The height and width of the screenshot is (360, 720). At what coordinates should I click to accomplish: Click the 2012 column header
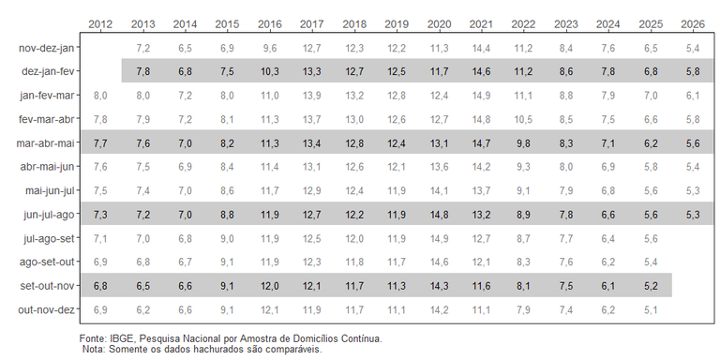[100, 24]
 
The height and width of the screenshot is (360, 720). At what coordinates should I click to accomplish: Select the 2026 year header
[693, 24]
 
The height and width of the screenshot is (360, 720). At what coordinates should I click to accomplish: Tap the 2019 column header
[397, 24]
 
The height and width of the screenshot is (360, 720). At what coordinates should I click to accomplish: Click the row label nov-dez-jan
[46, 48]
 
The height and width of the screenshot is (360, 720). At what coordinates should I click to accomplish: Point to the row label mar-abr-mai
[45, 143]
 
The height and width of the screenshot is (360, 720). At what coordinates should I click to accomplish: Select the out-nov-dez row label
[46, 309]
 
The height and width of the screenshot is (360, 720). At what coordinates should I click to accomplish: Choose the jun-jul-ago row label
[49, 215]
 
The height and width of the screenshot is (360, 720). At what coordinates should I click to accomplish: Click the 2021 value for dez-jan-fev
[481, 71]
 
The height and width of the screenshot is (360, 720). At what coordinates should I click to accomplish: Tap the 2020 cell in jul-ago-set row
[439, 238]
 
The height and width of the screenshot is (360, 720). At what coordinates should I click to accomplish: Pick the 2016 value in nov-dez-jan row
[270, 48]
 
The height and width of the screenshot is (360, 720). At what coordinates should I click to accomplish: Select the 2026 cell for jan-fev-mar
[693, 96]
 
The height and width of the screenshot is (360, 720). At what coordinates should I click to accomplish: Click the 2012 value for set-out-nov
[100, 286]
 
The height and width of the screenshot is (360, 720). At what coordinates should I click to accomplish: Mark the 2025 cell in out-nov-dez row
[651, 309]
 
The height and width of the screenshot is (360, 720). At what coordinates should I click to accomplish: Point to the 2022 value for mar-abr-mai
[523, 143]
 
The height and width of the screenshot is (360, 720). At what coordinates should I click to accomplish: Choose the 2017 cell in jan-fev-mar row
[312, 96]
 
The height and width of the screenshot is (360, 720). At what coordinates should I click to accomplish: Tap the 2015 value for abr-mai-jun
[227, 167]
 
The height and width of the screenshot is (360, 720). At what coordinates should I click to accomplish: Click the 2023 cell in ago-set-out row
[565, 262]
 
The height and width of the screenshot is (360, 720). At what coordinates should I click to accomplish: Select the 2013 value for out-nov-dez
[142, 309]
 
